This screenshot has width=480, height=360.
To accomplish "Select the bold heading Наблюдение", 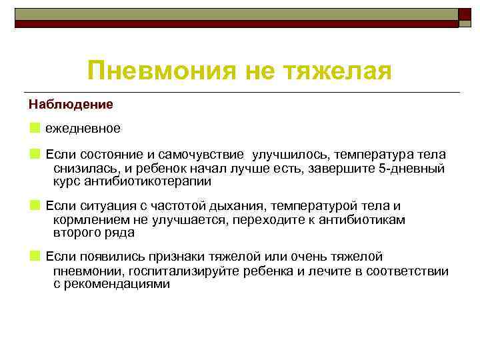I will pyautogui.click(x=71, y=105).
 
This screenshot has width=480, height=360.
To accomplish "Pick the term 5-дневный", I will pyautogui.click(x=411, y=168).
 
